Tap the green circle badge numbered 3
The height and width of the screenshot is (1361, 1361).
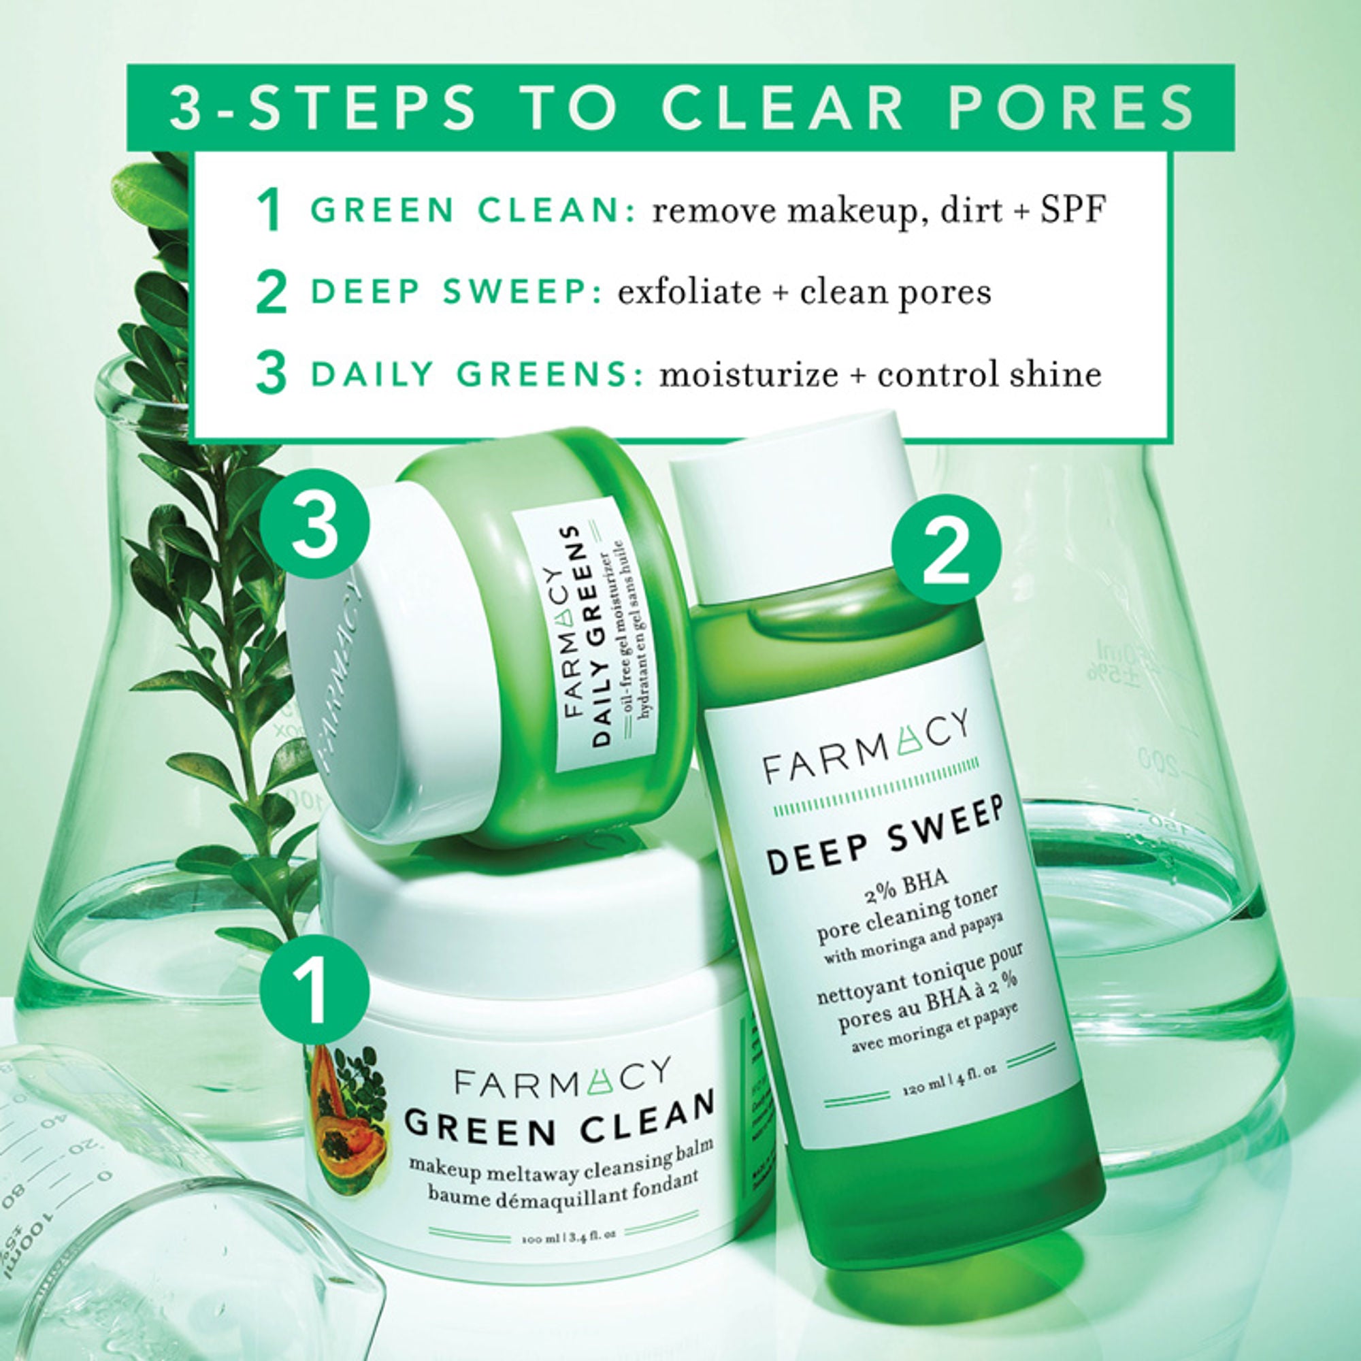coord(314,523)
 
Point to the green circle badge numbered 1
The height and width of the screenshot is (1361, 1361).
coord(314,987)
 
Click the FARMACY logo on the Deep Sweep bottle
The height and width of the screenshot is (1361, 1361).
coord(866,747)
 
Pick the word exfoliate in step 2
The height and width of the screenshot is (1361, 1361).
coord(689,292)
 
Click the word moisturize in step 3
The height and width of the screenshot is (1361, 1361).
coord(748,374)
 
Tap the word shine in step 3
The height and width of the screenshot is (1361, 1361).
coord(1055,374)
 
